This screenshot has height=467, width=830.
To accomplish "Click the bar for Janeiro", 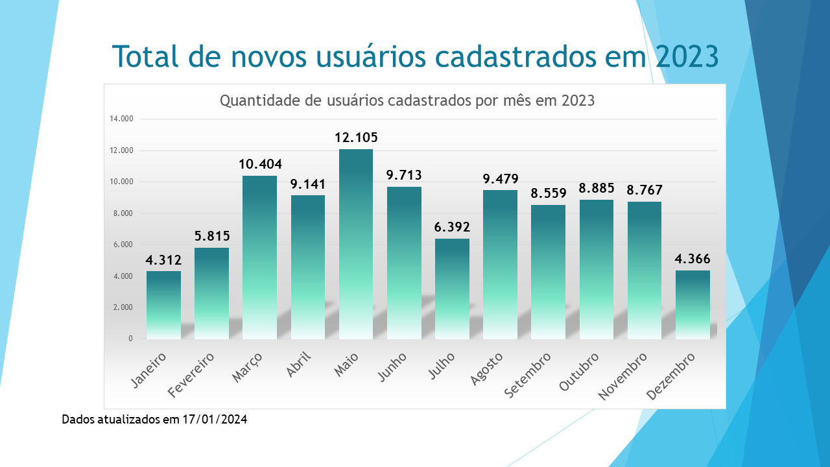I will [x=163, y=305].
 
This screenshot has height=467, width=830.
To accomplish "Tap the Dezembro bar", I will [x=693, y=305].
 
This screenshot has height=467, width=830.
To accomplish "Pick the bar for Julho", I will [x=452, y=289].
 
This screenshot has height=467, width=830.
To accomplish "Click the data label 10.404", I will [x=260, y=164].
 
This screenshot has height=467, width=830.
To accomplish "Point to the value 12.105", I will [x=356, y=138].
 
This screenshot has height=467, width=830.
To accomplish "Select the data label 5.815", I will [x=212, y=236].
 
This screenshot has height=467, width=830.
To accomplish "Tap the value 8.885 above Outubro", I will [x=597, y=188].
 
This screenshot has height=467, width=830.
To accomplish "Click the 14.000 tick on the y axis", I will [x=121, y=119].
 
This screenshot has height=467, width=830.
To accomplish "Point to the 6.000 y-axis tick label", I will [x=121, y=245].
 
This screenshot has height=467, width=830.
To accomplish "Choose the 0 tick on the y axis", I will [x=130, y=339].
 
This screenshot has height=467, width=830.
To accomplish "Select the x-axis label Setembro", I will [x=527, y=374].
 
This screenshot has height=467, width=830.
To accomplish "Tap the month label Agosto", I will [x=486, y=368].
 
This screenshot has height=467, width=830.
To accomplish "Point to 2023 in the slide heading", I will [x=686, y=56].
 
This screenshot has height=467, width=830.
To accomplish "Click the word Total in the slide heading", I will [x=147, y=56].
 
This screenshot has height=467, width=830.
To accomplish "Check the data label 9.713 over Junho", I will [x=404, y=175].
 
